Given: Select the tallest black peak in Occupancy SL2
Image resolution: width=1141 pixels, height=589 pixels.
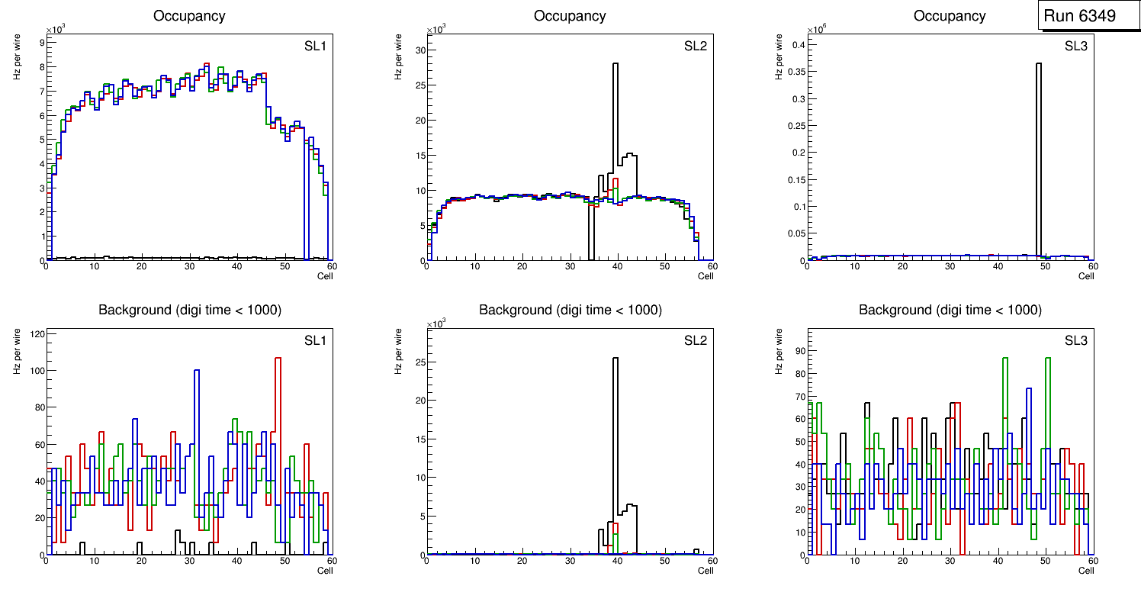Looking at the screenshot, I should pyautogui.click(x=615, y=114).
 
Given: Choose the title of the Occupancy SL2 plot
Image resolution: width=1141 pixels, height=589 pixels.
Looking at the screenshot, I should pyautogui.click(x=570, y=16).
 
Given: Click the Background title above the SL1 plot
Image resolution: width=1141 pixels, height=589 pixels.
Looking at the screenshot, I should pyautogui.click(x=189, y=310).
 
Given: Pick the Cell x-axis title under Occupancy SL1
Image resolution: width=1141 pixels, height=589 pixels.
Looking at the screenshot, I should pyautogui.click(x=325, y=276).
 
